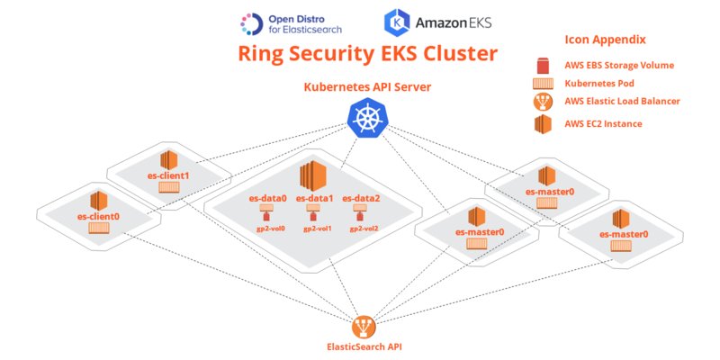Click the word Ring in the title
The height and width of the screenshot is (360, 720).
265,53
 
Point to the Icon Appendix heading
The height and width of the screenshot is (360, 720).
607,40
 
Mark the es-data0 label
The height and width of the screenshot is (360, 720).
267,198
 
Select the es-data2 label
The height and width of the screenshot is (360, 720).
358,198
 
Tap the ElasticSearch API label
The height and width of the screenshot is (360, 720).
363,346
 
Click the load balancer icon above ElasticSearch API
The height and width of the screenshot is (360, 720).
364,323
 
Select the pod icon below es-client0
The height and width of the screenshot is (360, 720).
98,230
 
